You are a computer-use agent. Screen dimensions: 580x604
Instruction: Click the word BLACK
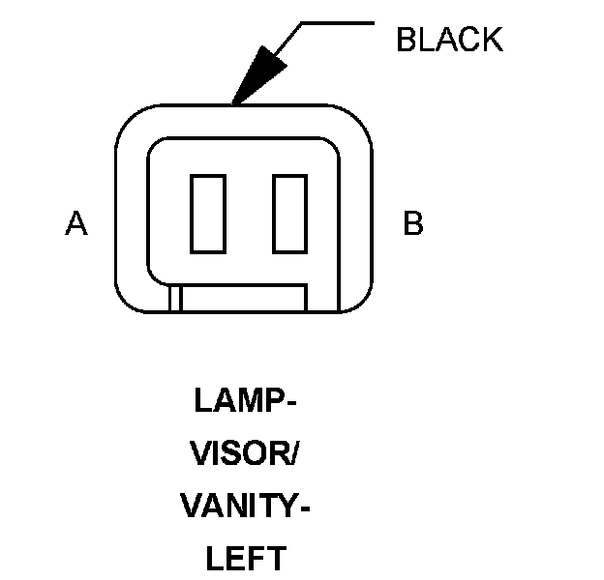[x=449, y=40]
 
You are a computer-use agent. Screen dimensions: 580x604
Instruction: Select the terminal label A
[x=76, y=224]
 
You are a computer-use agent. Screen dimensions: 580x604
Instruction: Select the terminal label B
[x=412, y=224]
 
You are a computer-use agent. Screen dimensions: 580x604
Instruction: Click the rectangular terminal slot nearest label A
[x=208, y=212]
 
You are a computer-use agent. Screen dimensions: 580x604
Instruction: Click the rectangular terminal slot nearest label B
[x=290, y=212]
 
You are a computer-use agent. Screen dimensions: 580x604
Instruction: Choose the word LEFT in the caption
[x=245, y=558]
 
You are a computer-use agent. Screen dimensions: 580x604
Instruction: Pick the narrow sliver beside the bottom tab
[x=175, y=298]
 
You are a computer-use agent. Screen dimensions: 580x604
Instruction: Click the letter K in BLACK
[x=492, y=40]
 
